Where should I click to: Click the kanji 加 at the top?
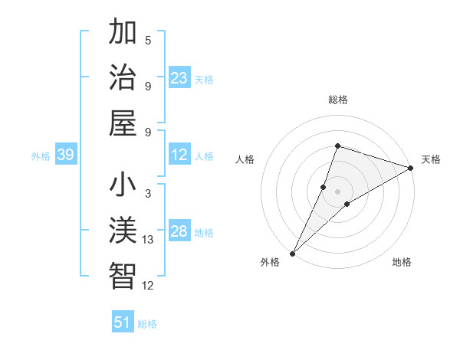click(123, 33)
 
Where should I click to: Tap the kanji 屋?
click(123, 123)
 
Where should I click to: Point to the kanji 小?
click(123, 186)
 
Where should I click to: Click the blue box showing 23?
click(179, 78)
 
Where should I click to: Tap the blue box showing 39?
click(65, 155)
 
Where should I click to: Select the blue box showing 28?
click(179, 232)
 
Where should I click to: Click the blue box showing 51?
click(123, 322)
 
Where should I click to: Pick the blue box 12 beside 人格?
click(179, 155)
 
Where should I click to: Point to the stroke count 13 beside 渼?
click(148, 240)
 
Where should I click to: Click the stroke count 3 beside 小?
click(148, 194)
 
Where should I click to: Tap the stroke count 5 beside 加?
click(148, 41)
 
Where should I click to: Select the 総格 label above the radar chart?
click(337, 100)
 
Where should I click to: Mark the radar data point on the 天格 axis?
click(410, 169)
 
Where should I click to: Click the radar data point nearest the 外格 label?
click(292, 253)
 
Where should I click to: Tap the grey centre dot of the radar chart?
click(337, 191)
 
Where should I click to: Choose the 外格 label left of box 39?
click(41, 156)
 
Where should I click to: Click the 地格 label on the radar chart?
click(402, 262)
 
